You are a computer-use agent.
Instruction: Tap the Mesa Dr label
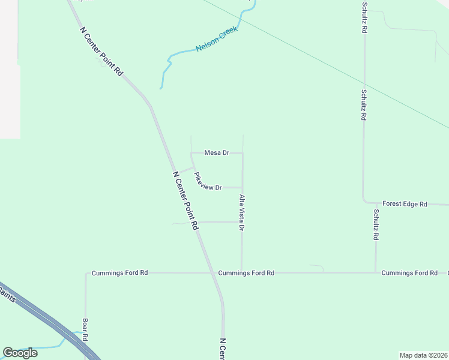click(x=217, y=153)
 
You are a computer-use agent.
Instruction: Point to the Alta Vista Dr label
click(x=242, y=213)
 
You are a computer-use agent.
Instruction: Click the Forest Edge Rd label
click(x=405, y=205)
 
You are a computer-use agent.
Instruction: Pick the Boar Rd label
click(x=85, y=329)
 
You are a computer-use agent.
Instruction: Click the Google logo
click(x=20, y=353)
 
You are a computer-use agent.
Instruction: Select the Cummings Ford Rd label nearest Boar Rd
click(x=119, y=273)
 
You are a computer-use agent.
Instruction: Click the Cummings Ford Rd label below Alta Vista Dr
click(x=246, y=273)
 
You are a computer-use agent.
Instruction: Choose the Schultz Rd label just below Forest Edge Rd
click(x=376, y=224)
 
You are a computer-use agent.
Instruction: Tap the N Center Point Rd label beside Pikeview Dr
click(x=185, y=201)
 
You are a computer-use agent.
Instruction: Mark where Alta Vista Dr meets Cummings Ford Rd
click(x=242, y=272)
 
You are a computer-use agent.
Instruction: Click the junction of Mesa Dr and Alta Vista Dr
click(x=243, y=153)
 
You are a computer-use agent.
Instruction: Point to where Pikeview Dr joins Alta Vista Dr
click(x=243, y=187)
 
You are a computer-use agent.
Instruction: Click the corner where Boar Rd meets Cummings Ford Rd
click(x=86, y=273)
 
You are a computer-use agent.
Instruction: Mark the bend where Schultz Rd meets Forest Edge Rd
click(x=364, y=203)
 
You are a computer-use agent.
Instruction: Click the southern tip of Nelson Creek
click(x=161, y=88)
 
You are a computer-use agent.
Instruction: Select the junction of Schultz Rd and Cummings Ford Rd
click(x=376, y=272)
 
